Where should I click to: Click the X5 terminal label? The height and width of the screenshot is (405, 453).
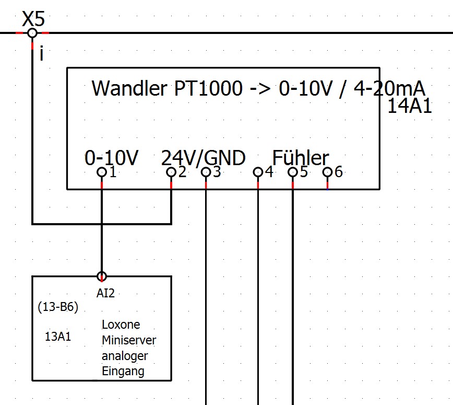(33, 20)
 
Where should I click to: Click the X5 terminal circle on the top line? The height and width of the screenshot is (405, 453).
(32, 33)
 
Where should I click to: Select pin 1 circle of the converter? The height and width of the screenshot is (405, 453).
(102, 172)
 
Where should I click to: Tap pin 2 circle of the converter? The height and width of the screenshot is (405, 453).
(171, 172)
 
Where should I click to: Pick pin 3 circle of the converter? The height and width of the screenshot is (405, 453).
(206, 172)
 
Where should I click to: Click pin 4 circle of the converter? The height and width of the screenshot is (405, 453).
(258, 172)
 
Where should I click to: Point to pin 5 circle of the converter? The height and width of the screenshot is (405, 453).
(293, 172)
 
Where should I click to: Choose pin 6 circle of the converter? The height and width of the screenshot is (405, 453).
(327, 172)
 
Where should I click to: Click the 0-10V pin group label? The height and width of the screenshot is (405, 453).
(111, 157)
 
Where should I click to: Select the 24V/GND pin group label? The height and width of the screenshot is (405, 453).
(204, 157)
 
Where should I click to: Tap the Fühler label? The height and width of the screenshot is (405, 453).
(301, 157)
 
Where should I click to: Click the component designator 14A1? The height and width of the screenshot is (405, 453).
(410, 107)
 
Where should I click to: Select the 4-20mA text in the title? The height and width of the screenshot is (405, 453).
(389, 88)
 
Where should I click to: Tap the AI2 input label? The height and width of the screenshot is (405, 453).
(105, 293)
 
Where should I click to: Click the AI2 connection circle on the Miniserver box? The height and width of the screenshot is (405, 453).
(102, 276)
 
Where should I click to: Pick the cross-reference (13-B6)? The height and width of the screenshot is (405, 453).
(58, 307)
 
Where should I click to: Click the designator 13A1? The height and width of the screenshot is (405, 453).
(58, 337)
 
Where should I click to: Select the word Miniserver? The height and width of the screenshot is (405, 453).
(129, 340)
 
